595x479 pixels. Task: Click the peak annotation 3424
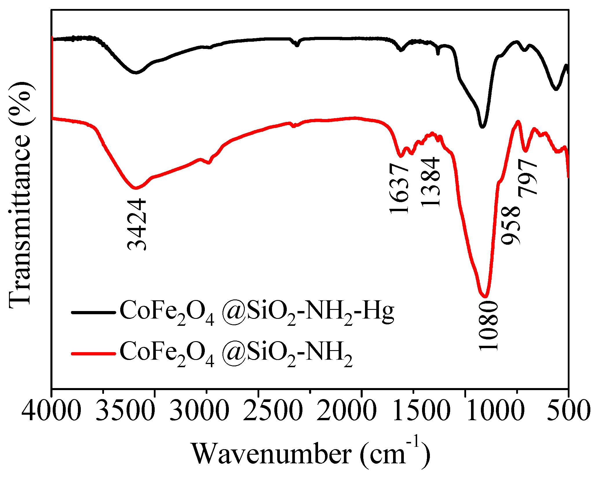pyautogui.click(x=137, y=224)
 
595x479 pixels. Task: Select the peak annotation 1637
pyautogui.click(x=399, y=189)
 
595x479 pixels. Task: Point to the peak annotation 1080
pyautogui.click(x=488, y=326)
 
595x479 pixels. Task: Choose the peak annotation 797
pyautogui.click(x=528, y=178)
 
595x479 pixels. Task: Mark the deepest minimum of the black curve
pyautogui.click(x=482, y=127)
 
